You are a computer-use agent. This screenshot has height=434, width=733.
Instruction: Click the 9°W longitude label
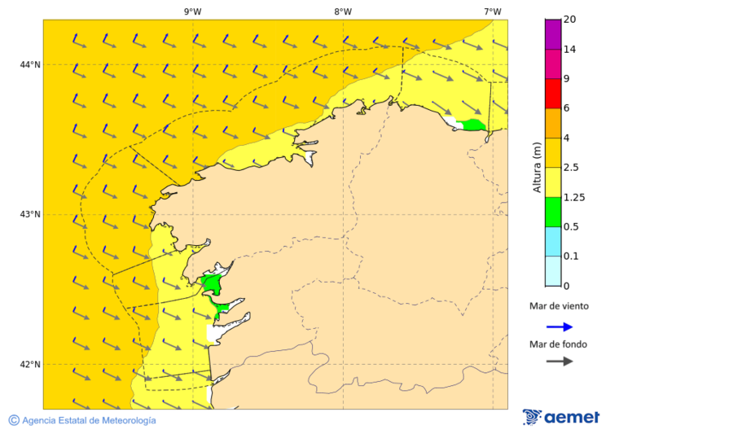193,11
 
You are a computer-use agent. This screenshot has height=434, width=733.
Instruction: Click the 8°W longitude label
343,11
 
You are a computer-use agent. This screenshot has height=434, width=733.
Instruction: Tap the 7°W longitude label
492,11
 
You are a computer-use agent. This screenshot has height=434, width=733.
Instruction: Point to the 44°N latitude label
30,64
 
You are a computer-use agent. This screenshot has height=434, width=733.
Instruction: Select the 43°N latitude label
30,214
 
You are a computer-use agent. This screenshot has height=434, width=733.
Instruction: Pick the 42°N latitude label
30,364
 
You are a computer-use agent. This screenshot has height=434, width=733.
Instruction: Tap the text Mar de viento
559,306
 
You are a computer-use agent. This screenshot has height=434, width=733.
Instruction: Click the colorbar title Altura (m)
537,168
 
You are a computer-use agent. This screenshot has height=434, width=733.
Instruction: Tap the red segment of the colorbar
553,93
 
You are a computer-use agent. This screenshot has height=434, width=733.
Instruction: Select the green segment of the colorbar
553,212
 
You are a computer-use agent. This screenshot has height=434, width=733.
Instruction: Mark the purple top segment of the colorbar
553,33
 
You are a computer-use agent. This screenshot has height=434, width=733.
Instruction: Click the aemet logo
561,417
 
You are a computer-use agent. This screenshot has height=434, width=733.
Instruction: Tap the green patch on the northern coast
472,125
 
